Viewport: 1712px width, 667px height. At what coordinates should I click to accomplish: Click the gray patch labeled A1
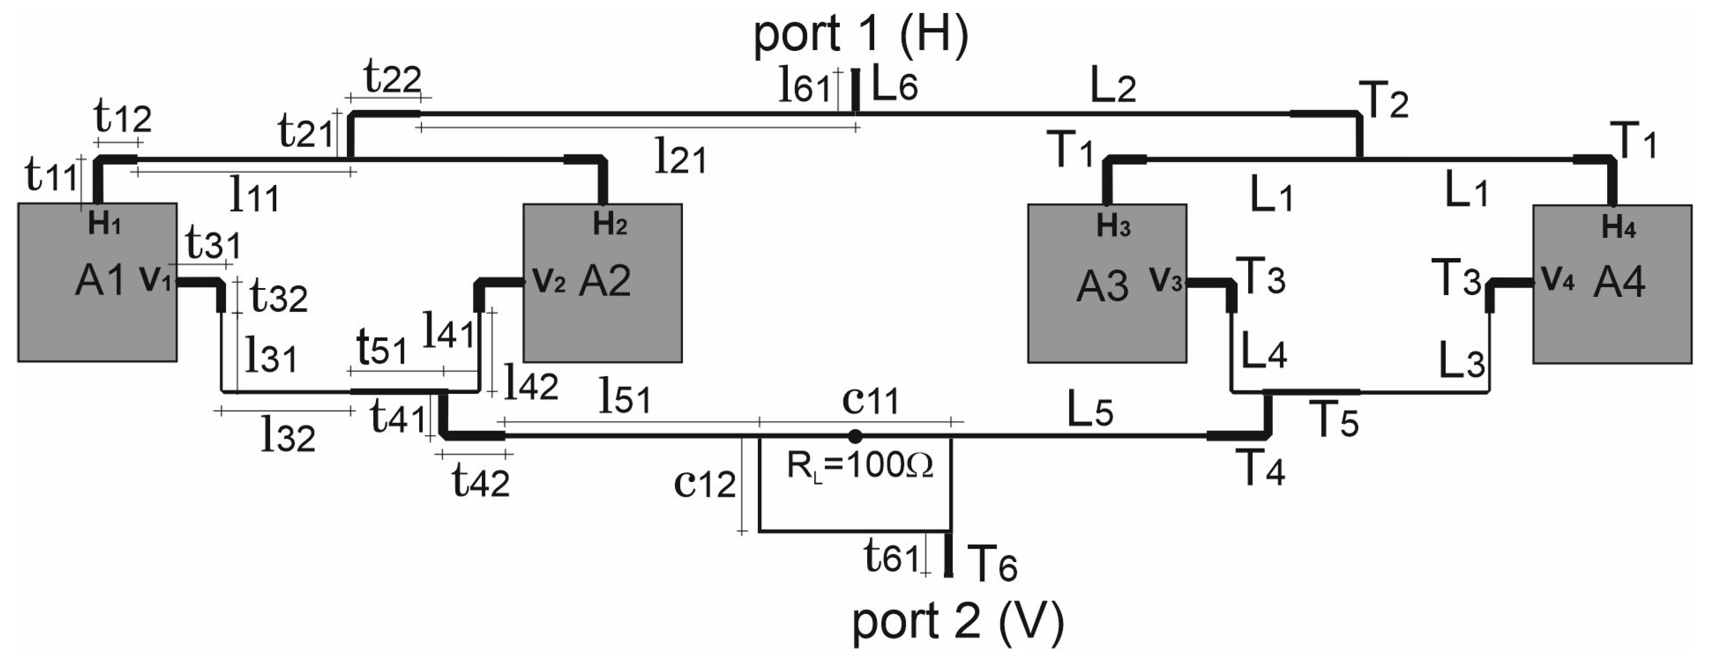97,319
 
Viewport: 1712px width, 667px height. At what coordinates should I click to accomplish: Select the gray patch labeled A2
602,326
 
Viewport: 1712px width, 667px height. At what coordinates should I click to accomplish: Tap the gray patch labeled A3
1107,326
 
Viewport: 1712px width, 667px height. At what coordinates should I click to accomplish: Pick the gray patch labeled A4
1612,326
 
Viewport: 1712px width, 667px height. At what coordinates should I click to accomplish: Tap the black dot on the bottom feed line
856,436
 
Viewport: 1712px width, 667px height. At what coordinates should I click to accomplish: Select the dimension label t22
392,78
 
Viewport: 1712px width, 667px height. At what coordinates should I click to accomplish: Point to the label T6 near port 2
992,564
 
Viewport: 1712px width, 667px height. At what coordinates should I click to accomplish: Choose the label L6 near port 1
894,86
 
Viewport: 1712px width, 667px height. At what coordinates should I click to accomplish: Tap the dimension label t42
480,481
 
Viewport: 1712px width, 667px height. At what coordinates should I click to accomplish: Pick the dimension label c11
870,401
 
